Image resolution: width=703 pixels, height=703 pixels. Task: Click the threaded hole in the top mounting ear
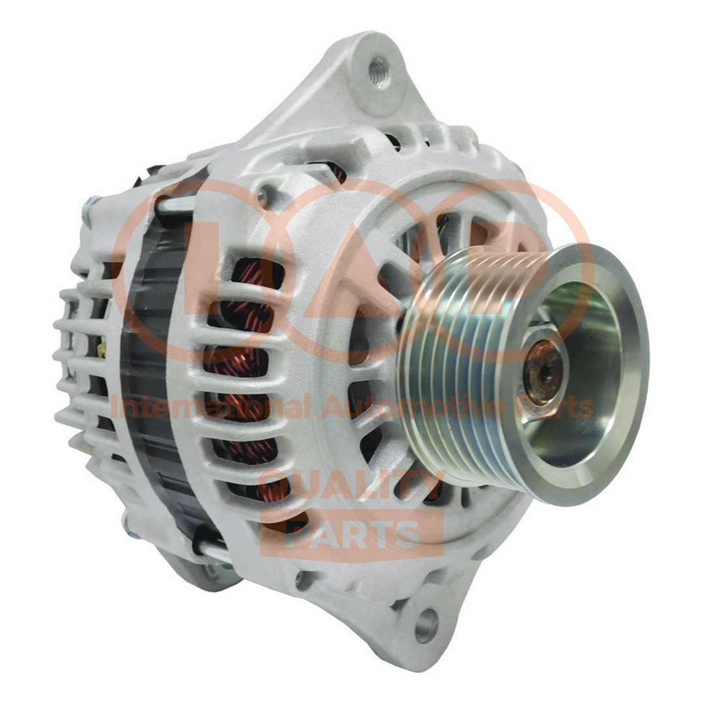(379, 72)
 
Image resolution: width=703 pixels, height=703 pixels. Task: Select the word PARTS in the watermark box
(351, 534)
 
